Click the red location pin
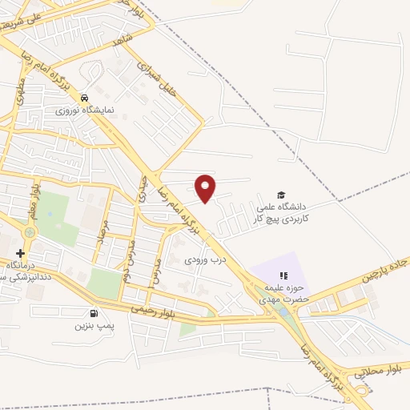tap(207, 187)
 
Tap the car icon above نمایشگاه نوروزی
tap(96, 98)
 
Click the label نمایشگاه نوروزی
tap(90, 110)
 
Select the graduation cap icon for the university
tap(280, 194)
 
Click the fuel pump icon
tap(95, 313)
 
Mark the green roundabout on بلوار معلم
tap(30, 232)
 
